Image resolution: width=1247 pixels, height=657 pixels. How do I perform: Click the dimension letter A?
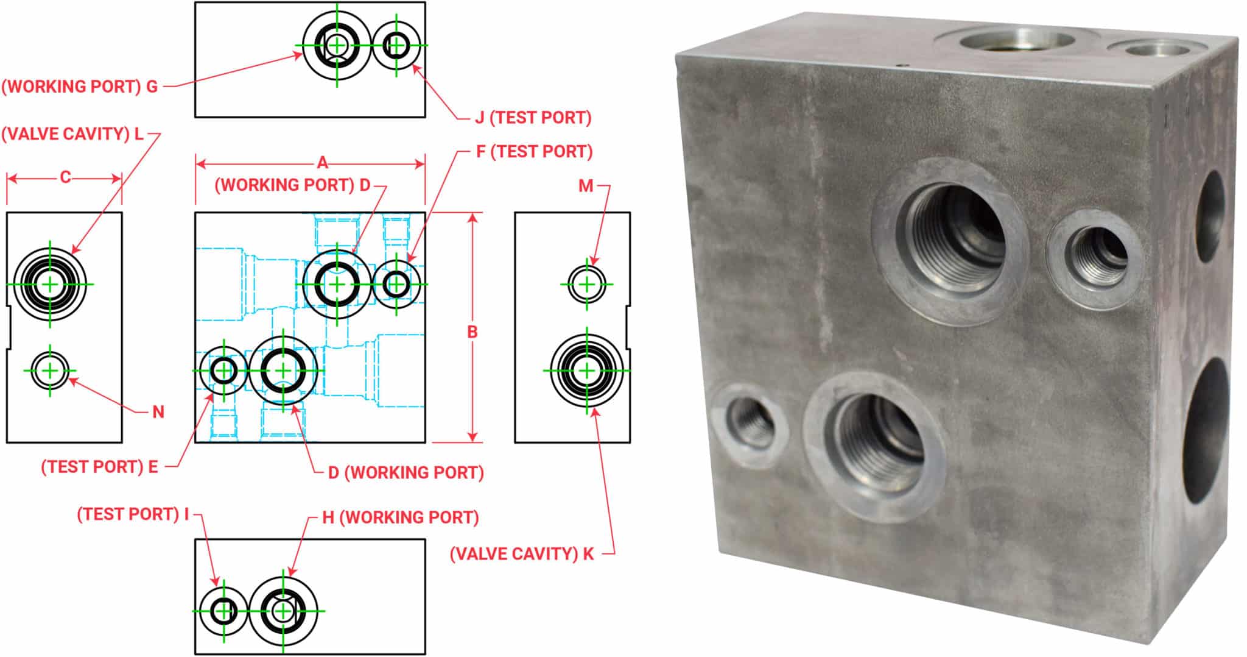pos(323,163)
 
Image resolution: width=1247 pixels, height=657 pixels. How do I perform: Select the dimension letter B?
pos(472,332)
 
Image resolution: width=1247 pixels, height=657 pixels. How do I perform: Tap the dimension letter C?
pos(65,177)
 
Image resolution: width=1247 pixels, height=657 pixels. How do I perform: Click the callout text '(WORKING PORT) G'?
pos(80,87)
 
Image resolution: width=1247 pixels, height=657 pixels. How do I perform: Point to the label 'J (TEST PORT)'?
pos(533,118)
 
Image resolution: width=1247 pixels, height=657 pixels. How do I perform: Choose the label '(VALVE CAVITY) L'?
pos(72,134)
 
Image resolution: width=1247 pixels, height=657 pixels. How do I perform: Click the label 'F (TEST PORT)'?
pos(534,152)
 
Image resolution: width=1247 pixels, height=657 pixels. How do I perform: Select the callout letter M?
pos(585,186)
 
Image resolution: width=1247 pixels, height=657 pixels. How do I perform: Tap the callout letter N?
pos(158,413)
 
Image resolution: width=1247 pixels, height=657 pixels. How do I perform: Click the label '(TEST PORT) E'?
pos(99,467)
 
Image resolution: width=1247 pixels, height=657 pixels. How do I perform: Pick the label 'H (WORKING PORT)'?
pos(401,517)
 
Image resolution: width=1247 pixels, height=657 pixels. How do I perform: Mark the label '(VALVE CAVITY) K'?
pos(521,554)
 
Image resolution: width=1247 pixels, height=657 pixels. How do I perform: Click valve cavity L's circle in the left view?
pos(50,284)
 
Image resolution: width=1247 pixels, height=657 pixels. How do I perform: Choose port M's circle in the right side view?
pos(586,284)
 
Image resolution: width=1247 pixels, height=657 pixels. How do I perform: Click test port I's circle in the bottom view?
pos(223,610)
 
